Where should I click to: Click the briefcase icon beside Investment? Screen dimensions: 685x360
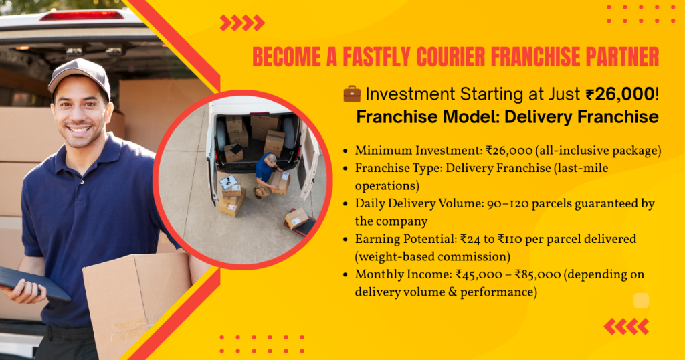pos(352,94)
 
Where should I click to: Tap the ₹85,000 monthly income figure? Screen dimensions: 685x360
pos(537,275)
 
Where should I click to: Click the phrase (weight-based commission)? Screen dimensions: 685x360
pos(433,257)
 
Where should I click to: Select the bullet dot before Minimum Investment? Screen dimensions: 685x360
pos(346,151)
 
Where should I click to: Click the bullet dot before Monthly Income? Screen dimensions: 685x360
pos(346,275)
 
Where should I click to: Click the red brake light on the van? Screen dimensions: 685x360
pos(82,16)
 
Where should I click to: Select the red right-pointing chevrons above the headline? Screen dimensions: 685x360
pos(242,23)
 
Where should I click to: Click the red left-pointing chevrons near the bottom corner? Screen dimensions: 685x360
pos(626,327)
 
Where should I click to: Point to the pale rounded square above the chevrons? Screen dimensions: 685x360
pos(641,300)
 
